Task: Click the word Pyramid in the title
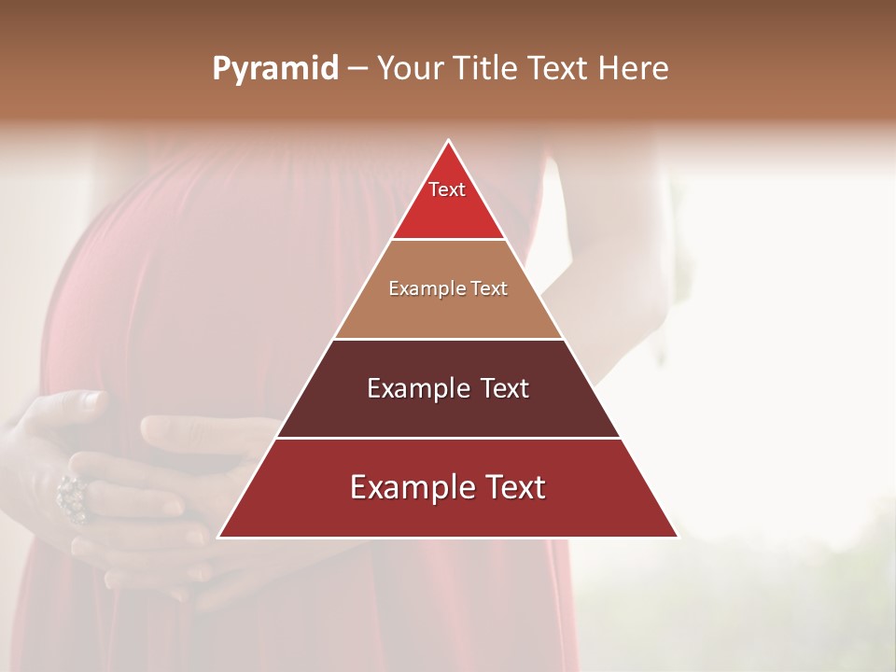point(274,69)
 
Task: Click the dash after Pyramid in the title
point(357,69)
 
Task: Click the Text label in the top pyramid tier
point(447,189)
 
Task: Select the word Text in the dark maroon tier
point(502,388)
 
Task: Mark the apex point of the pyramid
point(448,140)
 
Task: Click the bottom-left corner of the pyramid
point(218,538)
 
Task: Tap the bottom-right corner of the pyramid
point(678,538)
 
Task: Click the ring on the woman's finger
point(73,497)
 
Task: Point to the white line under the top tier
point(448,240)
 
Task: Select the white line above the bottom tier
point(448,438)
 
